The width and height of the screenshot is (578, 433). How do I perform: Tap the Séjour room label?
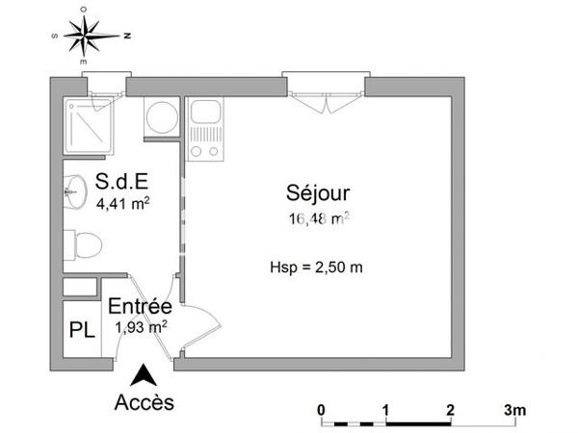317,191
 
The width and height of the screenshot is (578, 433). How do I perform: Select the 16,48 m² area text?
317,218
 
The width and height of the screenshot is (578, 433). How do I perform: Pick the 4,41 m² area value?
122,203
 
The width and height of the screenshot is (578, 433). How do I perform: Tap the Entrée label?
140,307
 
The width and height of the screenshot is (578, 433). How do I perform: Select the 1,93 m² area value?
141,326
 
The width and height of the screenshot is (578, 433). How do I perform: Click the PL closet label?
82,329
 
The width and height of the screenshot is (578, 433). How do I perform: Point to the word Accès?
144,401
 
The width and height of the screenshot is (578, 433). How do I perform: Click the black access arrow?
144,374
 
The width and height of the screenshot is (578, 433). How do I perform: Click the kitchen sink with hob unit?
205,129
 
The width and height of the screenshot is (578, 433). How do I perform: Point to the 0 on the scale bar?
321,409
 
